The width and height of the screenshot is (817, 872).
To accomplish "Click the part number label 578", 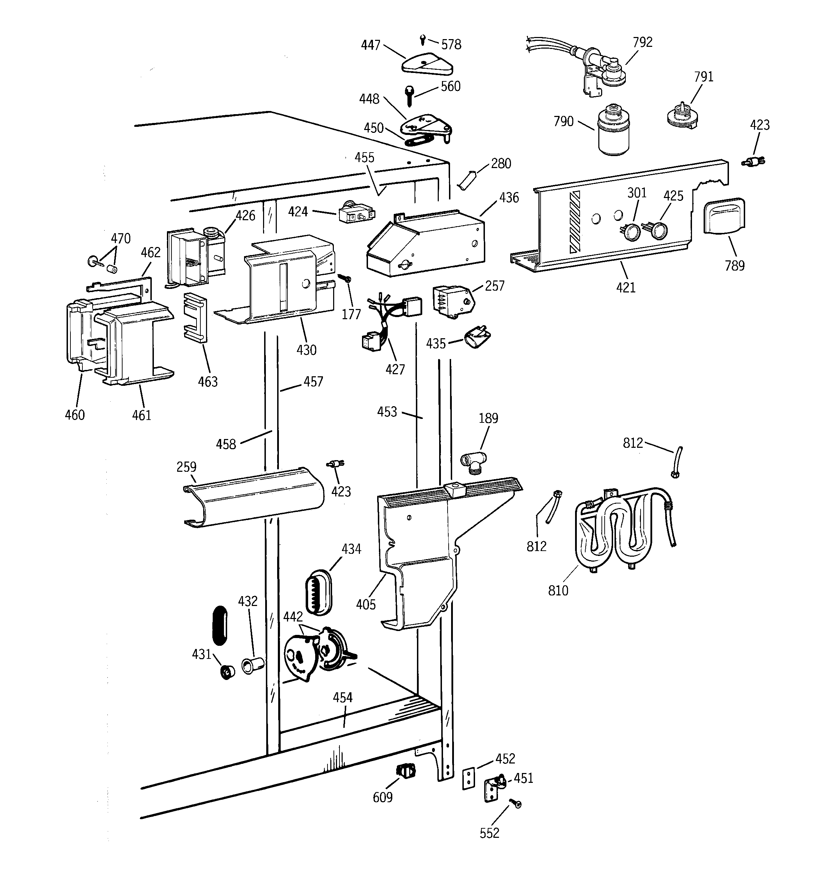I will coord(451,45).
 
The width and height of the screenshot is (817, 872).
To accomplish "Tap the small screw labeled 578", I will coord(422,40).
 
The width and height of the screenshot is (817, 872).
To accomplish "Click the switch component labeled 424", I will coord(356,214).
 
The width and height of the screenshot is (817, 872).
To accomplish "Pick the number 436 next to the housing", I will coord(509,198).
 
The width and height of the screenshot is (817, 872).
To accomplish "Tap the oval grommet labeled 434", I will coord(318,593).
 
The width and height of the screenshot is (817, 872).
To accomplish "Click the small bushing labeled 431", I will coord(227,672).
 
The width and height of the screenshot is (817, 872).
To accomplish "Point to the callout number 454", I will coord(343,698).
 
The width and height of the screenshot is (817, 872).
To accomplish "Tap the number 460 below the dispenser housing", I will coord(75,415).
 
